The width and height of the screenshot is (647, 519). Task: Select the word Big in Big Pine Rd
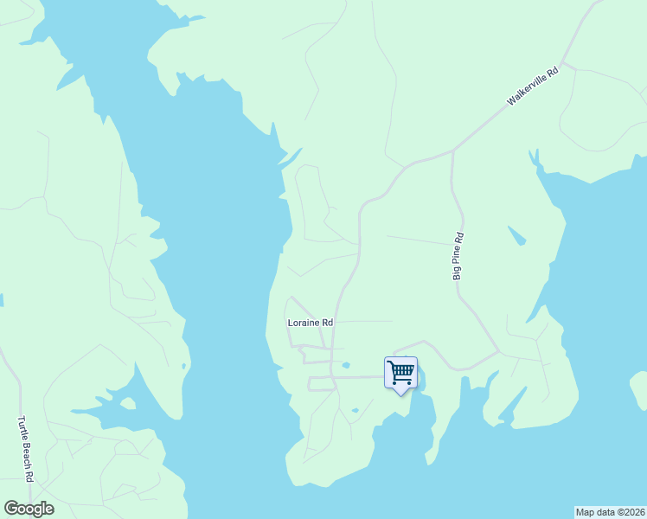(x=457, y=272)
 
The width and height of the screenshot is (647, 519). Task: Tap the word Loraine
(x=304, y=323)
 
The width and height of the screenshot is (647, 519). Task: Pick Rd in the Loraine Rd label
(x=327, y=323)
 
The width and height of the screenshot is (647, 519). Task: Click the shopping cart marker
(x=400, y=373)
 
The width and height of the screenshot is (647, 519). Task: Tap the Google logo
(x=29, y=508)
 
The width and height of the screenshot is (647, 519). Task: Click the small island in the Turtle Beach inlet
(x=129, y=403)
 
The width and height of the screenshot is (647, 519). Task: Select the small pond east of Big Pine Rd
(x=516, y=235)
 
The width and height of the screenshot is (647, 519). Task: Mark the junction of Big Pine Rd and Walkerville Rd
(x=452, y=152)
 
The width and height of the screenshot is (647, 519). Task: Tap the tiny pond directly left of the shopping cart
(x=346, y=365)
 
